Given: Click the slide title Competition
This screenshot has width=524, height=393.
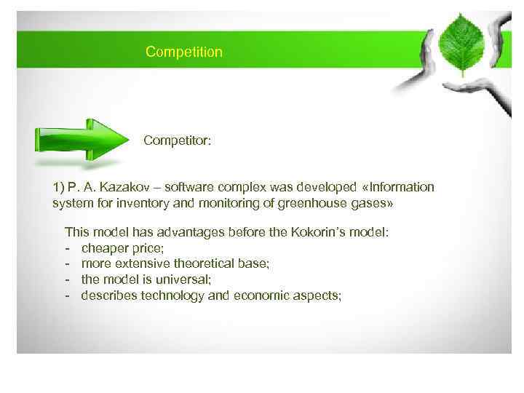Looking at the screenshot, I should [183, 52].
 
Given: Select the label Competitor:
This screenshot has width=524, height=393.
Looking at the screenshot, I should [178, 140].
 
